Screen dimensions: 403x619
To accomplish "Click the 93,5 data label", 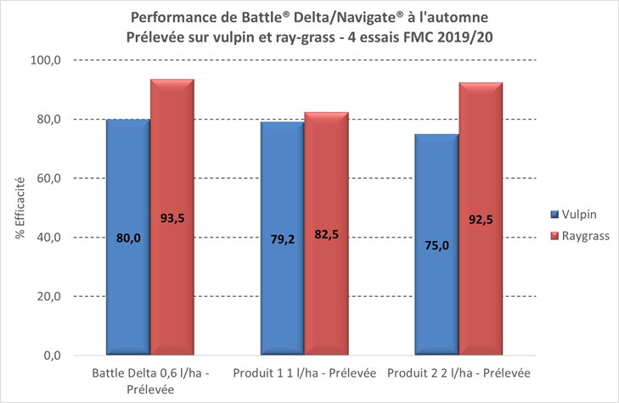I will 172,219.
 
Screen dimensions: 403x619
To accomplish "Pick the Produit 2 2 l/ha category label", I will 459,373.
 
